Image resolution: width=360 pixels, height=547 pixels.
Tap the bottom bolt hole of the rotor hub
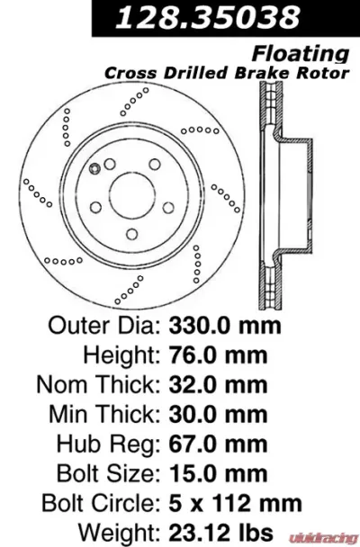[131, 235]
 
